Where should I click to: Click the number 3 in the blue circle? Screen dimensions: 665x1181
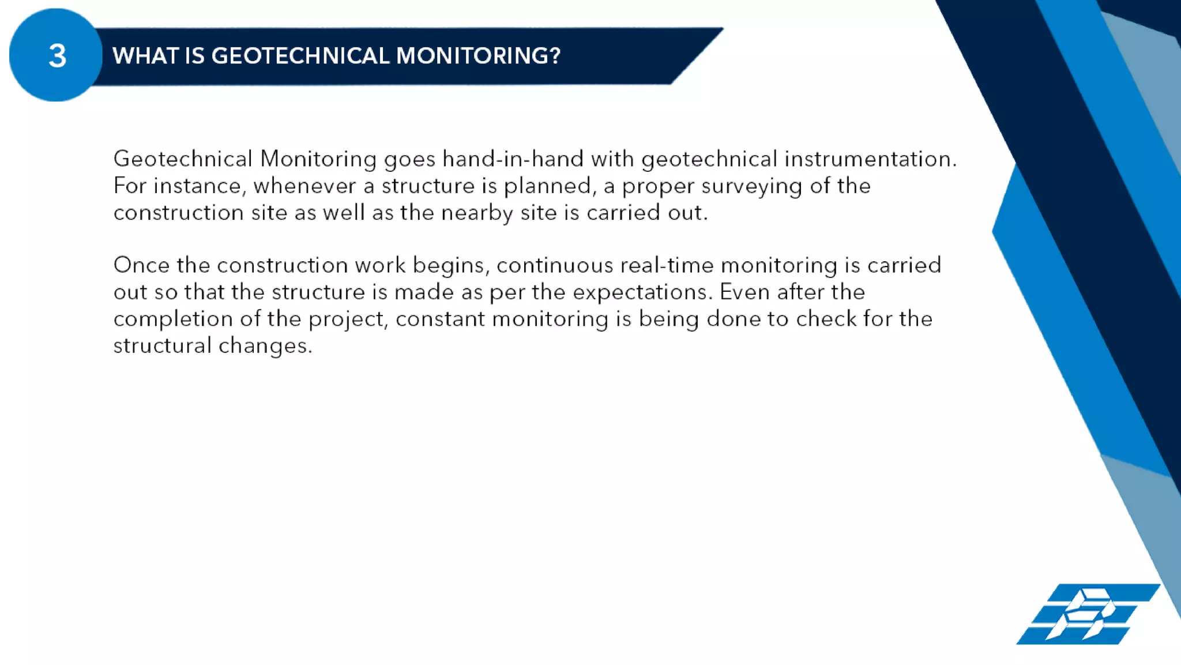(57, 56)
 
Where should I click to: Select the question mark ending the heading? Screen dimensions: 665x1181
(555, 56)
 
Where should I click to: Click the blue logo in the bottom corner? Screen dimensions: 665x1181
(1088, 614)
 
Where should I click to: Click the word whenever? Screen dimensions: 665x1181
(304, 186)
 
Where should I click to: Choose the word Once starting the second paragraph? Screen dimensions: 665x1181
(141, 265)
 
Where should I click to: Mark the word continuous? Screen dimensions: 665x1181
(554, 265)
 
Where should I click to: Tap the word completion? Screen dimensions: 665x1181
(173, 319)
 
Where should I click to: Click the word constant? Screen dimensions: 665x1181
(440, 319)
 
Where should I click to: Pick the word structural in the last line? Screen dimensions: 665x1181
(162, 345)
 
